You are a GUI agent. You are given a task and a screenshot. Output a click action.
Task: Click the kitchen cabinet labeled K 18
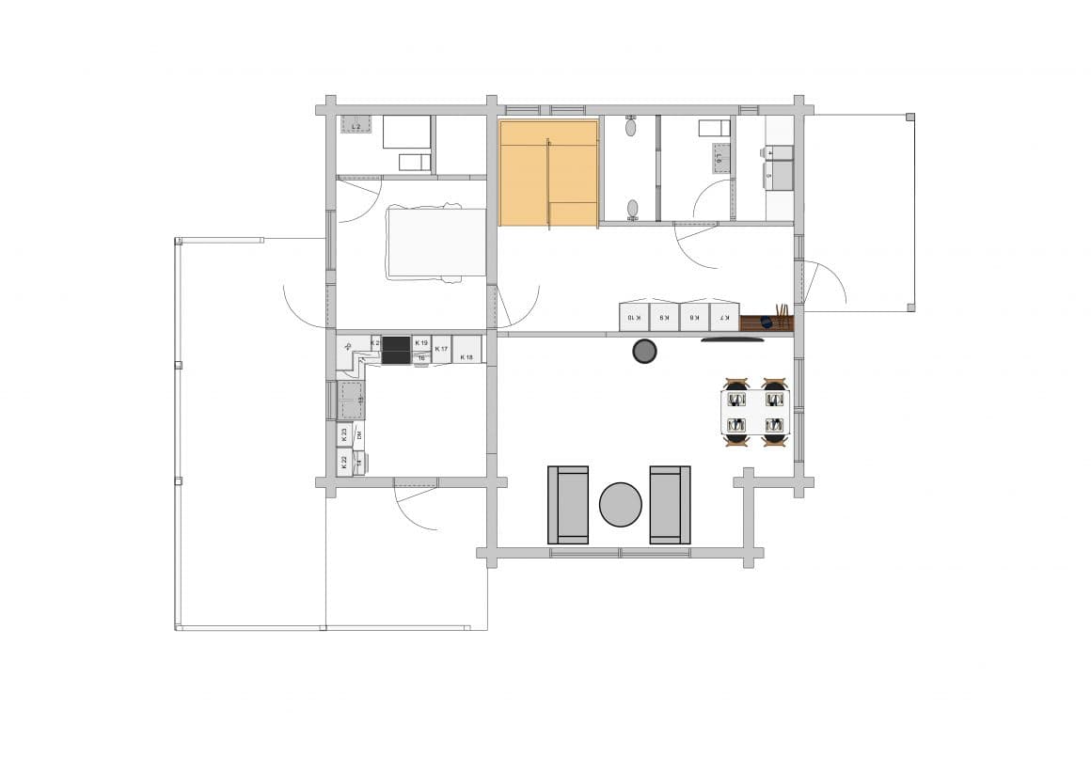(466, 350)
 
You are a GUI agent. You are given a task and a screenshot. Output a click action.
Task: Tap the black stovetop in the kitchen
(396, 350)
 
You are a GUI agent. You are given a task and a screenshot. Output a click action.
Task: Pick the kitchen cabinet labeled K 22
(344, 462)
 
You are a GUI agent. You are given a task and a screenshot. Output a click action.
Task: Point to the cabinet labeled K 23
(344, 434)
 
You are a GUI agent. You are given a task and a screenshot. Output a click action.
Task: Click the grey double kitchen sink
(351, 401)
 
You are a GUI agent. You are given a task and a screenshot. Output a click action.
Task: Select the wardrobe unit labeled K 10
(634, 317)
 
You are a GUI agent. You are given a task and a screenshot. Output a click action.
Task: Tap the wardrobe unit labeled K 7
(724, 317)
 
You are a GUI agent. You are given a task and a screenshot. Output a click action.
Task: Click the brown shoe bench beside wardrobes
(766, 323)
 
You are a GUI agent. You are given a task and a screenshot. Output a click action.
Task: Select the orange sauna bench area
(548, 173)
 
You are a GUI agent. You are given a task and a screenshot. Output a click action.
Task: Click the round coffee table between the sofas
(621, 505)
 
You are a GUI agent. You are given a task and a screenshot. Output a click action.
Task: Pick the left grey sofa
(568, 505)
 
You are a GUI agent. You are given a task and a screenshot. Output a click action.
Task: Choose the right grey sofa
(670, 505)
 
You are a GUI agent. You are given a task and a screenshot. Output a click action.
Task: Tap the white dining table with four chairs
(755, 413)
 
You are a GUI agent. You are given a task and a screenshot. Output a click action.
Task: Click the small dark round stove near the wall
(644, 352)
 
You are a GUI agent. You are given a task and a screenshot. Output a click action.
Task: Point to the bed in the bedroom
(435, 243)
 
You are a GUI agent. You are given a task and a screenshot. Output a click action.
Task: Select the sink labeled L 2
(356, 124)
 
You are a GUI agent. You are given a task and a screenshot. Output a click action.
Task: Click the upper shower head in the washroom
(631, 127)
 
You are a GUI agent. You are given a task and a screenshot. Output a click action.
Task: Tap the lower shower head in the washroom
(632, 208)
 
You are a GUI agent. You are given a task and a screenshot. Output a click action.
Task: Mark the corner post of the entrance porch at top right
(909, 117)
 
